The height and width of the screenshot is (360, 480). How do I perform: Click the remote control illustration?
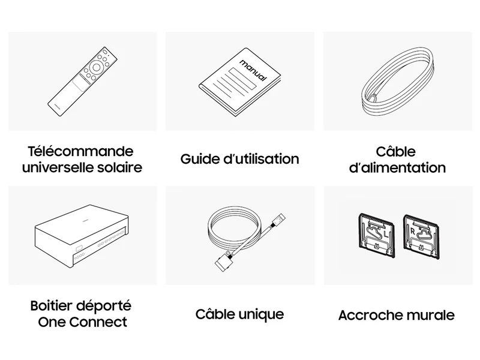[x=82, y=82]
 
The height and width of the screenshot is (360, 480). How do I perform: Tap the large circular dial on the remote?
[x=96, y=67]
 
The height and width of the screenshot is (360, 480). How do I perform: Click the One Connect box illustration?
[x=82, y=236]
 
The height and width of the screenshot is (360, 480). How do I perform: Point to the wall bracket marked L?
[x=376, y=235]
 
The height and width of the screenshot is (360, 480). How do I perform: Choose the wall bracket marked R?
[x=421, y=237]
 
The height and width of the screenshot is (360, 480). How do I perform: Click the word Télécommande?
[x=81, y=151]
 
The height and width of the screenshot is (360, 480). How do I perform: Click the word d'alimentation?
[x=397, y=168]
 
